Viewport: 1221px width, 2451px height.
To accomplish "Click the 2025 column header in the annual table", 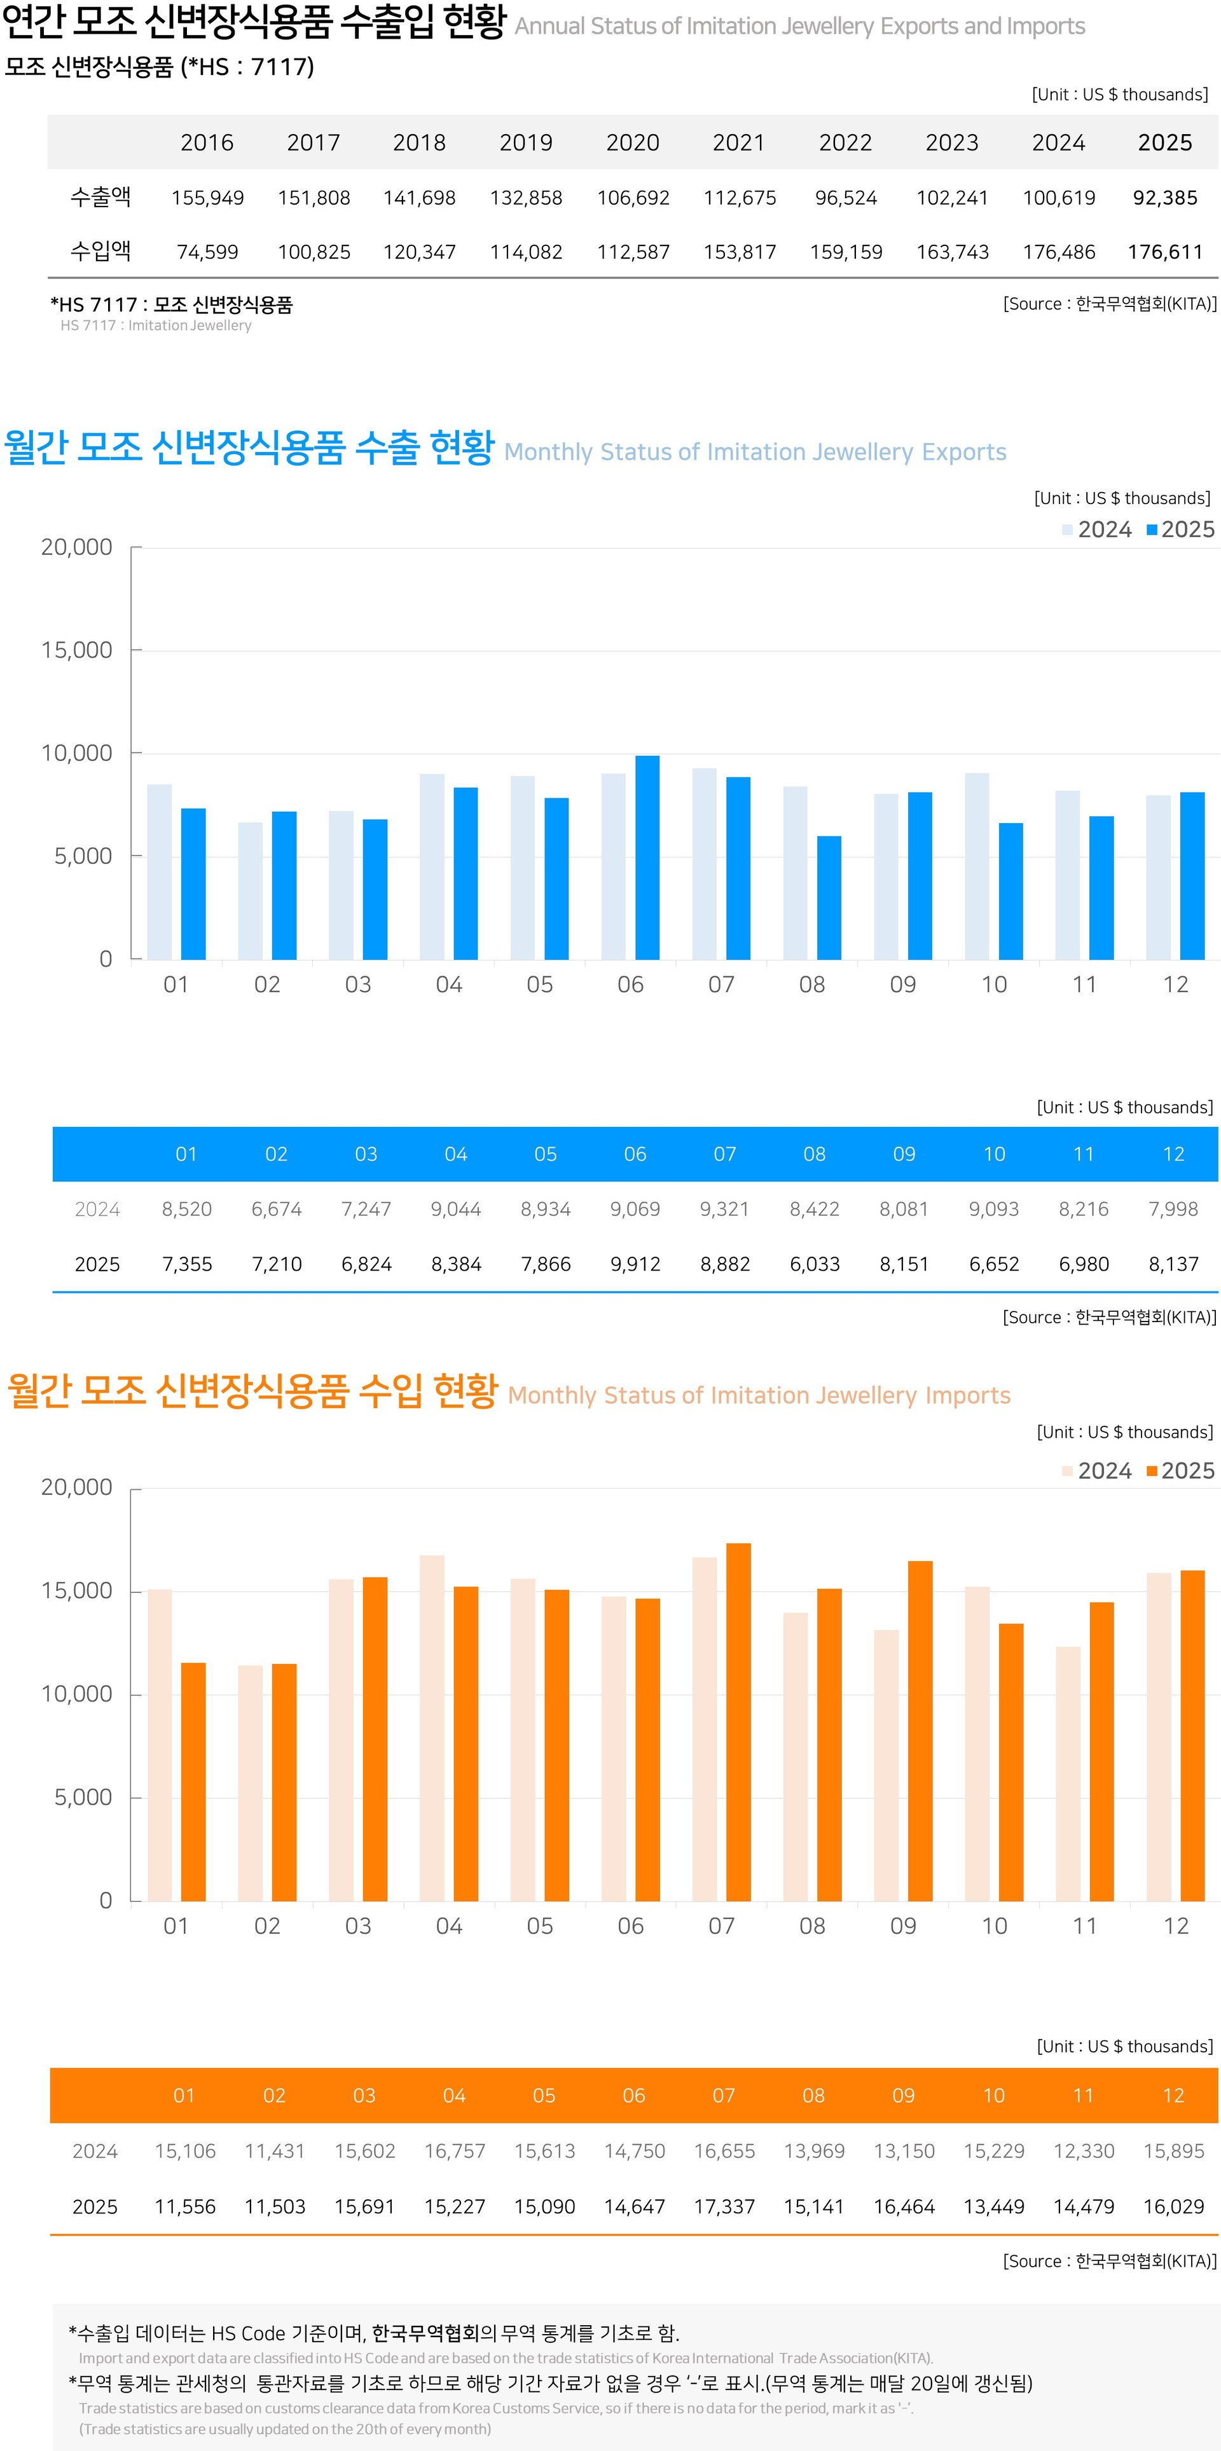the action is pyautogui.click(x=1165, y=143).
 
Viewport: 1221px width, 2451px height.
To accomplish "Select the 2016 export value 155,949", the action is pyautogui.click(x=207, y=198).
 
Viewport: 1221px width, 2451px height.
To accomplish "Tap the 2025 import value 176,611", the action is pyautogui.click(x=1165, y=252).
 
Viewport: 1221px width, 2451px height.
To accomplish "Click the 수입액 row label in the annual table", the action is pyautogui.click(x=101, y=251).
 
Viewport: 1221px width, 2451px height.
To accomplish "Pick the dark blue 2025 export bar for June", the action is pyautogui.click(x=647, y=857).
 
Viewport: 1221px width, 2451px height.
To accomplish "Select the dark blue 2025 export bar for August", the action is pyautogui.click(x=829, y=898).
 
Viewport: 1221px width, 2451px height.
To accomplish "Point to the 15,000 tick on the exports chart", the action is pyautogui.click(x=76, y=650).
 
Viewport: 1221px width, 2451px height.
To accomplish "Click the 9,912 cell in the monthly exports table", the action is pyautogui.click(x=635, y=1264).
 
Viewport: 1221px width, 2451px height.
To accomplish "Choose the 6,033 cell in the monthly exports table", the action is pyautogui.click(x=815, y=1264).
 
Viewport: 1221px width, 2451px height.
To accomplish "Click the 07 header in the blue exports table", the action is pyautogui.click(x=725, y=1154).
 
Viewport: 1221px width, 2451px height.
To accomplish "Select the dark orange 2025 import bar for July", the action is pyautogui.click(x=738, y=1722).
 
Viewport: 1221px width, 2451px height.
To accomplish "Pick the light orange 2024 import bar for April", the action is pyautogui.click(x=432, y=1728).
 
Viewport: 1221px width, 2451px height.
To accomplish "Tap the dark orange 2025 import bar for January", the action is pyautogui.click(x=193, y=1782).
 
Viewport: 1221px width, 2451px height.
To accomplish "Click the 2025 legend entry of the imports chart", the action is pyautogui.click(x=1180, y=1471).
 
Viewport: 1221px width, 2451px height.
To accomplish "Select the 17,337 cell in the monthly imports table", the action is pyautogui.click(x=724, y=2206).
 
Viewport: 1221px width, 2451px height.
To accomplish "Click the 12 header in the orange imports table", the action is pyautogui.click(x=1173, y=2096).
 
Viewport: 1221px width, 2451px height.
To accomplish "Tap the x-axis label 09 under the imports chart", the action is pyautogui.click(x=903, y=1926).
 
